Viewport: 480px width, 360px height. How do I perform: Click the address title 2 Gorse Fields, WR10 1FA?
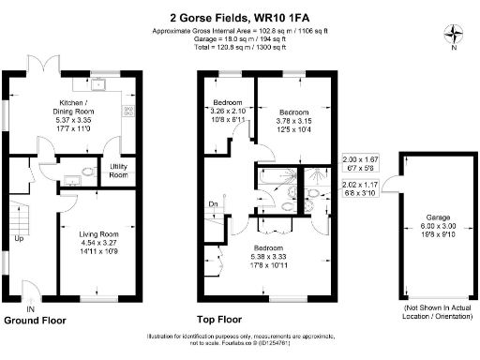pyautogui.click(x=240, y=17)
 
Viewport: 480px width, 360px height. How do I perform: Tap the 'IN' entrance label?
pyautogui.click(x=30, y=309)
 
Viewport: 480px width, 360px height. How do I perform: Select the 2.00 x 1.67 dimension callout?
pyautogui.click(x=360, y=165)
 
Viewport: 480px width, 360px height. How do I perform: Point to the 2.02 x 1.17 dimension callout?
pyautogui.click(x=360, y=190)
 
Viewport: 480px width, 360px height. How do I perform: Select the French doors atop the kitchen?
pyautogui.click(x=42, y=67)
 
